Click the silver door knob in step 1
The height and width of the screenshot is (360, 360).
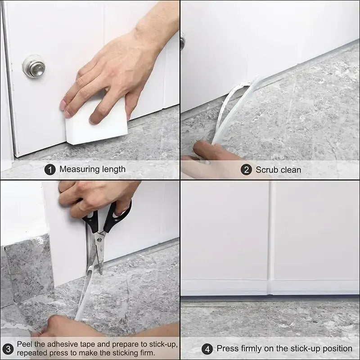point(34,67)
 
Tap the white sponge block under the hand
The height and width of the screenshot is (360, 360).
point(92,126)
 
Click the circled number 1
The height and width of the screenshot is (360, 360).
point(50,169)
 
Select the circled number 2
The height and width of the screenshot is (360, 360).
point(246,170)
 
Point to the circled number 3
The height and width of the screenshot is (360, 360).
point(8,349)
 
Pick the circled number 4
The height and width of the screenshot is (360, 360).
point(207,349)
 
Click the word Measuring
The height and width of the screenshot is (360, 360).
point(79,170)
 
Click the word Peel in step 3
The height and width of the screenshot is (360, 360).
point(25,345)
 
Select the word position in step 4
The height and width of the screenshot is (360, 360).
point(331,349)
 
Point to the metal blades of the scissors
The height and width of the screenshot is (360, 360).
point(99,252)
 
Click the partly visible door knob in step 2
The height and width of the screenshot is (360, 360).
point(182,41)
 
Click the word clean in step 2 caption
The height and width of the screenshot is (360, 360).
point(291,170)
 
